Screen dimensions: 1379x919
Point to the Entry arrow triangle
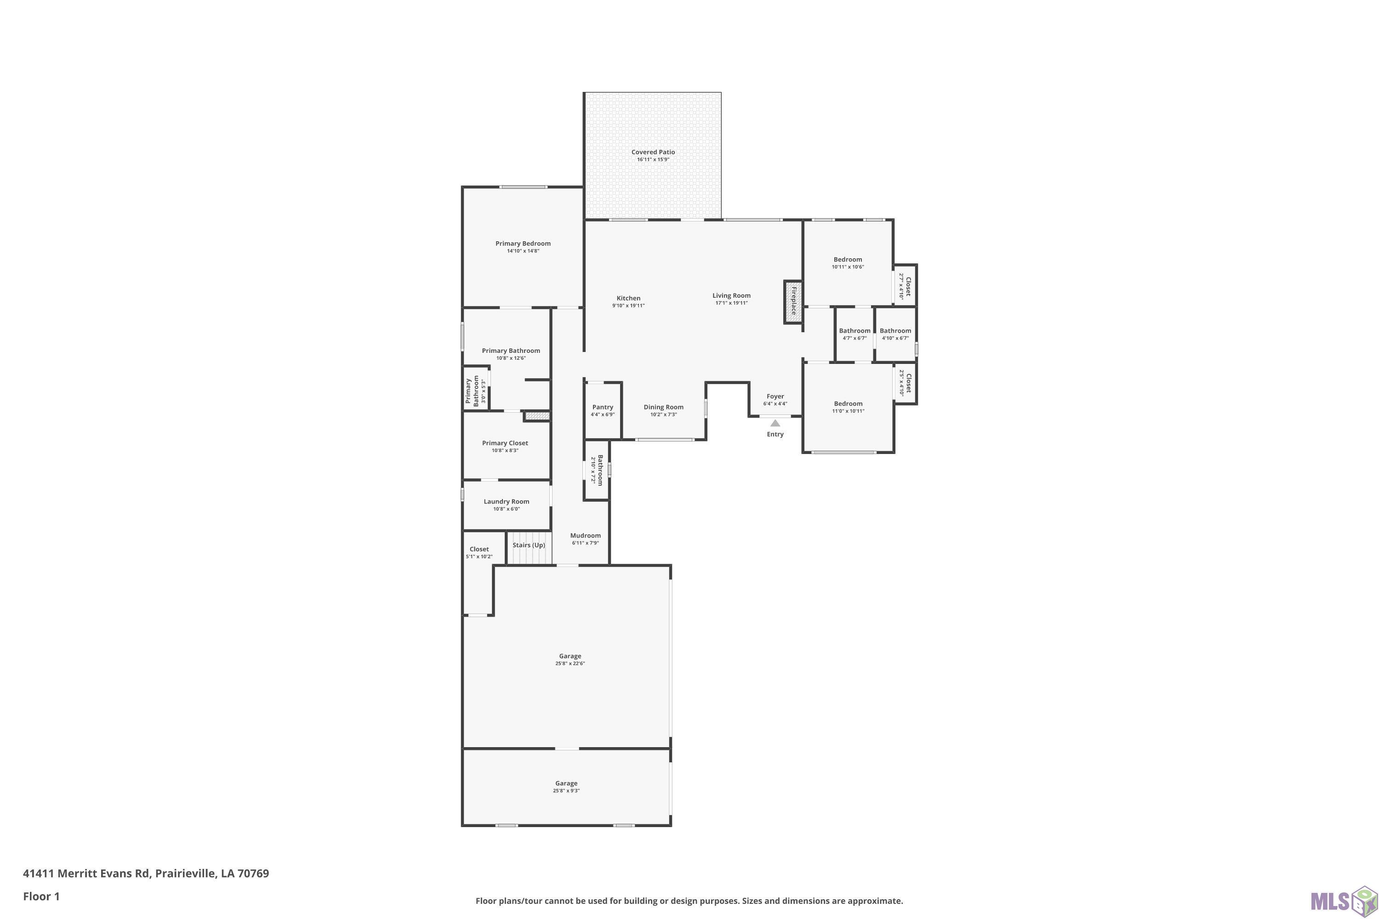click(775, 423)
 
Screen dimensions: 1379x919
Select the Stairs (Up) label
click(529, 545)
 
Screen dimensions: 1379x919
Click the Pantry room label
click(603, 407)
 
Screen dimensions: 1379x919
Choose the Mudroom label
click(585, 536)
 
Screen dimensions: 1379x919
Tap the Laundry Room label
click(507, 502)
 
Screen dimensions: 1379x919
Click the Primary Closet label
click(505, 443)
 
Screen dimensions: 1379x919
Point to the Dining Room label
click(664, 407)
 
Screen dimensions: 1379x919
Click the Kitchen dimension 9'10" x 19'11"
click(628, 306)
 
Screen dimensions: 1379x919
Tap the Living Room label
click(732, 296)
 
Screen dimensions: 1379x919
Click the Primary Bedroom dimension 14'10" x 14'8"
click(523, 251)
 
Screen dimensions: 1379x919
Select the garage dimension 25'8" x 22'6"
click(570, 664)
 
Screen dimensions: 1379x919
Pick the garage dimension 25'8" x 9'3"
click(566, 791)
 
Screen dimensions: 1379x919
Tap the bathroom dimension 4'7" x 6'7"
click(854, 338)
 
